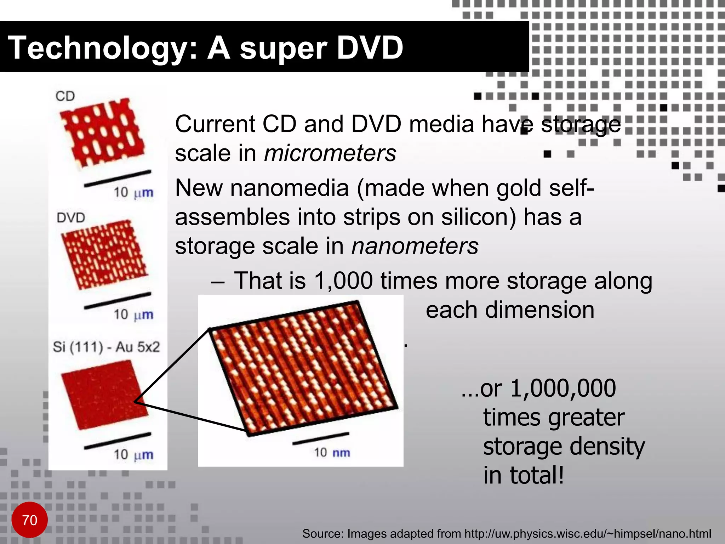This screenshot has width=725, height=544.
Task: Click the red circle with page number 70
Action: point(29,520)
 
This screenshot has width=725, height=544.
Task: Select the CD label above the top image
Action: point(65,96)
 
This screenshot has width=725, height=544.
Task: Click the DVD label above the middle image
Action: point(71,217)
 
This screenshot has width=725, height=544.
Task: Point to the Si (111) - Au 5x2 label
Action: point(106,346)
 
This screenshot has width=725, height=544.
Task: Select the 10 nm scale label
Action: point(332,452)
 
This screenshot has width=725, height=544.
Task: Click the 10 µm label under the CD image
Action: point(133,192)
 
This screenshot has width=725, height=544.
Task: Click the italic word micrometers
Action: point(330,153)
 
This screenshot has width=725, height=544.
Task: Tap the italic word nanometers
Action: point(415,246)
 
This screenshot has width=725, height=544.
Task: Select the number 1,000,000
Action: point(563,388)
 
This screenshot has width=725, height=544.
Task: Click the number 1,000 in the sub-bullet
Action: point(343,280)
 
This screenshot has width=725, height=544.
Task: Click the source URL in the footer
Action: point(588,533)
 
